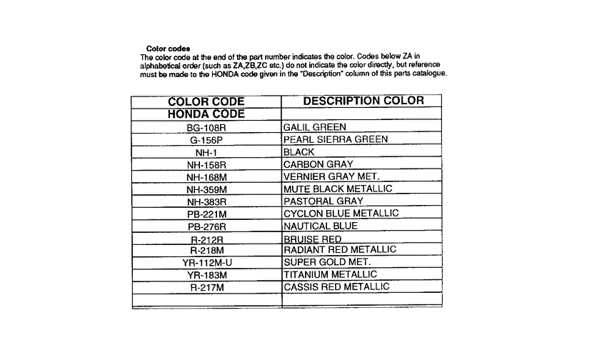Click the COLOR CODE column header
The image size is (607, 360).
coord(206,101)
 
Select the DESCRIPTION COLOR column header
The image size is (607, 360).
coord(363,101)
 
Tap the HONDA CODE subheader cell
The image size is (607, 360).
coord(206,114)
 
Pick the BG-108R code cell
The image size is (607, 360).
coord(206,128)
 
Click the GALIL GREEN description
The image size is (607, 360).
coord(315,127)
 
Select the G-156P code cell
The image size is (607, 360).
coord(206,141)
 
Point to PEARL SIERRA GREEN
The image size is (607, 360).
coord(336,139)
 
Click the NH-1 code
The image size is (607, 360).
coord(206,153)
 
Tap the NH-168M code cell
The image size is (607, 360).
coord(206,177)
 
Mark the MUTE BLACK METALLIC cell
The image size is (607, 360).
coord(338,189)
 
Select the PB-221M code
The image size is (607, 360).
coord(206,214)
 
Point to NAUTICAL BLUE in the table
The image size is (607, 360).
coord(321,226)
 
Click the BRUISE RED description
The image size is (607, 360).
coord(313,239)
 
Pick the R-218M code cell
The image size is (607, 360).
coord(206,251)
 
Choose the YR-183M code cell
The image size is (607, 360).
coord(206,275)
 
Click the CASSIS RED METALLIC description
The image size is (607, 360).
coord(337,286)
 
